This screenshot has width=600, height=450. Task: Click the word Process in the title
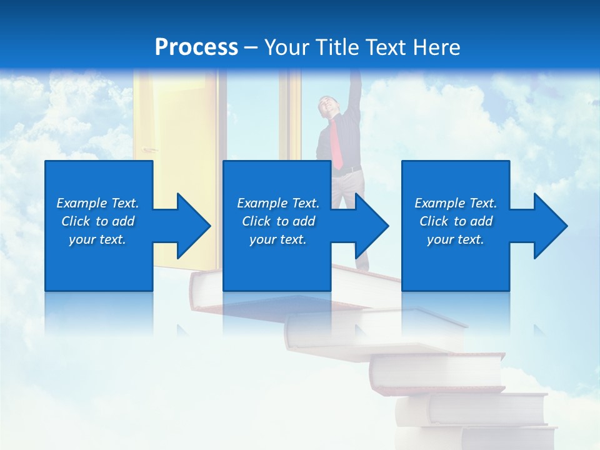pos(196,47)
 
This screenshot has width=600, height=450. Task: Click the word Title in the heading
pos(336,47)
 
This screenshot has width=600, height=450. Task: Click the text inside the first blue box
pos(98,221)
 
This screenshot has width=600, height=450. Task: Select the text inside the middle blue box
pos(278,221)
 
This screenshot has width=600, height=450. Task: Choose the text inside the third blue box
pos(456,221)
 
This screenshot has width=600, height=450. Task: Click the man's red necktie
pos(337,144)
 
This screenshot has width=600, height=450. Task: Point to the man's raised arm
pos(354,94)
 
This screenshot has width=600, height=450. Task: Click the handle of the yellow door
pos(148,150)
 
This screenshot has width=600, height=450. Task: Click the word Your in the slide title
pos(286,47)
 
